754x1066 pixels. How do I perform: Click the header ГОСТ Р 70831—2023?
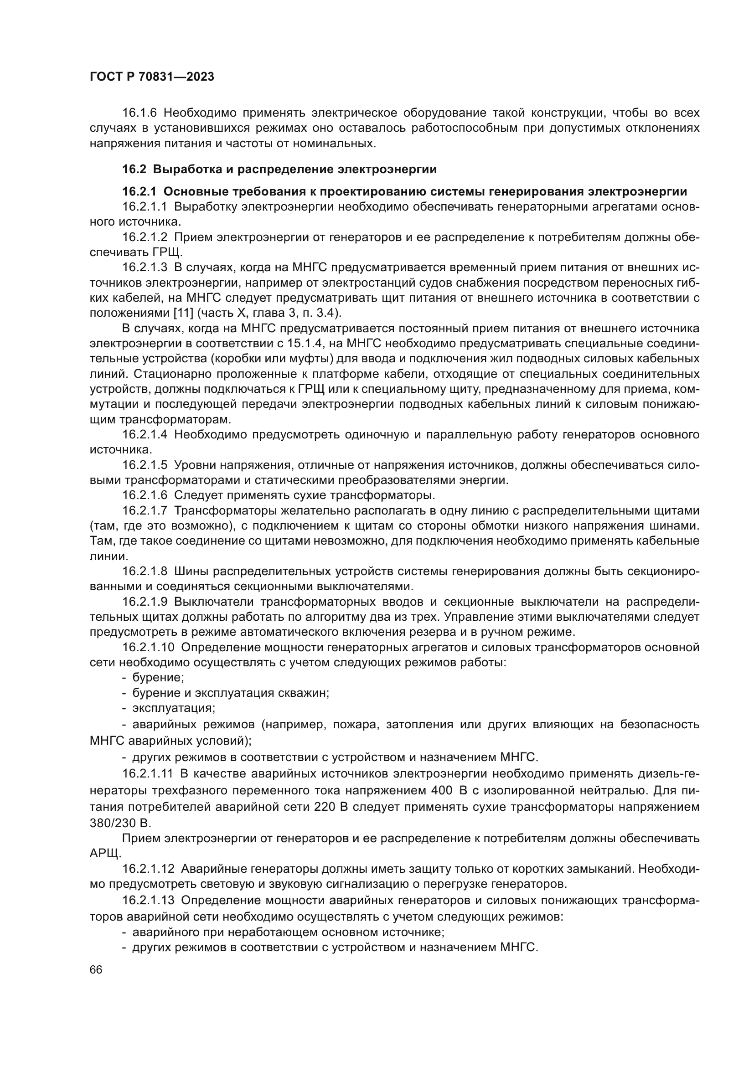pyautogui.click(x=152, y=77)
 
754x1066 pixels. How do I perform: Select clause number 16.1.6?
pyautogui.click(x=140, y=113)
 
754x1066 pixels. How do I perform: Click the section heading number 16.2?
pyautogui.click(x=134, y=170)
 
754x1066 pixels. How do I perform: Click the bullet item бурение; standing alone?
pyautogui.click(x=158, y=677)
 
